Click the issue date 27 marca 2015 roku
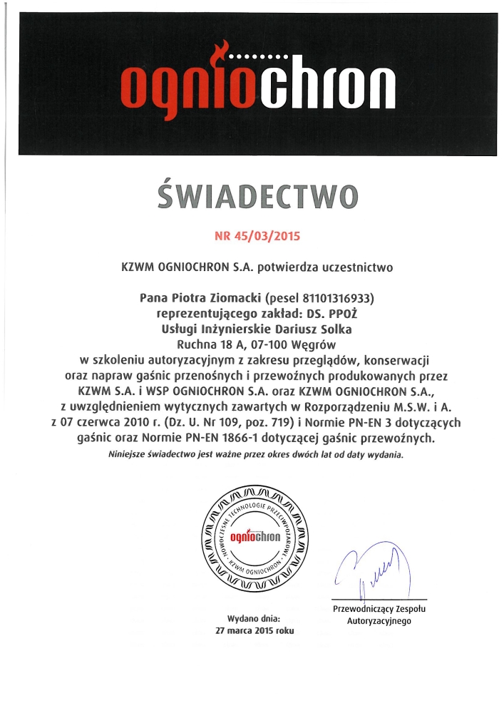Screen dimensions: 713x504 (x=254, y=631)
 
